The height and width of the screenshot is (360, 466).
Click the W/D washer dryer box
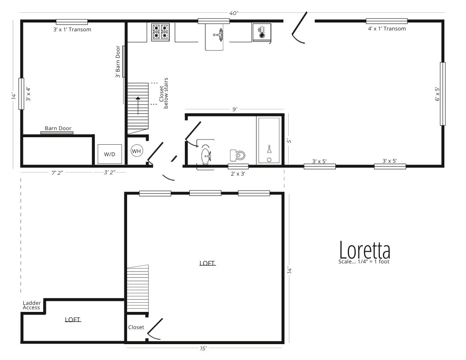pyautogui.click(x=110, y=154)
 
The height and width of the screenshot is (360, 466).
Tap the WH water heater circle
pyautogui.click(x=136, y=151)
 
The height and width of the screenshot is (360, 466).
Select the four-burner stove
pyautogui.click(x=161, y=32)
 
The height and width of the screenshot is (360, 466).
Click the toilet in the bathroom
pyautogui.click(x=238, y=155)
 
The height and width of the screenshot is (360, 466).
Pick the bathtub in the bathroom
pyautogui.click(x=269, y=140)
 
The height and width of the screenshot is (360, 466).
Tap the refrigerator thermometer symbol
pyautogui.click(x=262, y=32)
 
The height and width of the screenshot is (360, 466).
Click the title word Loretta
pyautogui.click(x=365, y=251)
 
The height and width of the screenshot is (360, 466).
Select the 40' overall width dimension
pyautogui.click(x=233, y=13)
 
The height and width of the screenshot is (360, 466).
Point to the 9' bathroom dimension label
pyautogui.click(x=235, y=109)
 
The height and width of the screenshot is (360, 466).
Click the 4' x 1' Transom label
pyautogui.click(x=387, y=29)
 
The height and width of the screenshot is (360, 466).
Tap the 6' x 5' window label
pyautogui.click(x=437, y=94)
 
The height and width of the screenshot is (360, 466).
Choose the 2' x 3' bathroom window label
pyautogui.click(x=238, y=173)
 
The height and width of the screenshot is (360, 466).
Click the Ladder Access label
pyautogui.click(x=32, y=305)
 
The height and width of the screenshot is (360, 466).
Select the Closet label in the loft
pyautogui.click(x=136, y=327)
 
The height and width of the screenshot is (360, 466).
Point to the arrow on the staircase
pyautogui.click(x=138, y=105)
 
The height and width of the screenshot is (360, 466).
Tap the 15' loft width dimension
pyautogui.click(x=203, y=349)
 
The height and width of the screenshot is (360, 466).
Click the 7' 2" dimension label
pyautogui.click(x=58, y=172)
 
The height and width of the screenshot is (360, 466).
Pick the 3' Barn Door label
pyautogui.click(x=118, y=61)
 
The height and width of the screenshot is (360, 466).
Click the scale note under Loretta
pyautogui.click(x=364, y=262)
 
